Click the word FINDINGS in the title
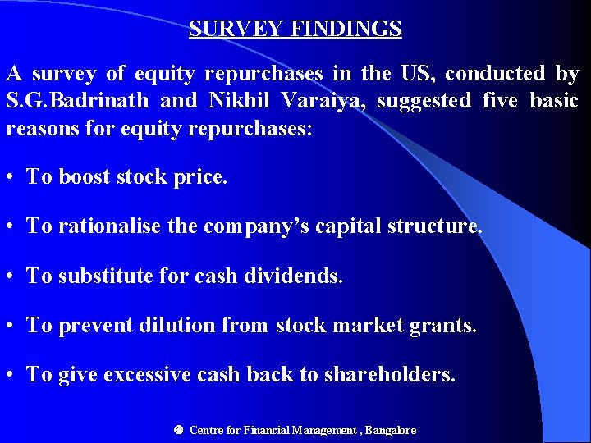[346, 30]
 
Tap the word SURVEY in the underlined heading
[236, 30]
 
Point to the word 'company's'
[245, 226]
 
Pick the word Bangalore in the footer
[391, 430]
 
